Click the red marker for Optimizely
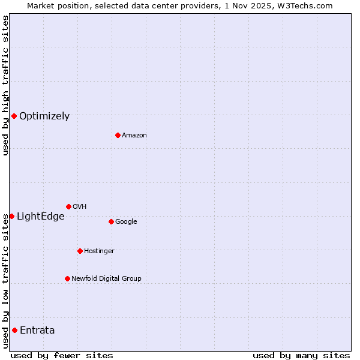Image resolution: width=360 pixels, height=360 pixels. click(x=14, y=116)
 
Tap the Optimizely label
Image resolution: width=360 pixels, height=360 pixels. click(x=44, y=116)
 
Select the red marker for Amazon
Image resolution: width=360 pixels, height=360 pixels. click(x=118, y=135)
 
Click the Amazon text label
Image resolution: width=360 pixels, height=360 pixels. click(x=134, y=136)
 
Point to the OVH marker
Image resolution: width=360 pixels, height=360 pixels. click(x=68, y=206)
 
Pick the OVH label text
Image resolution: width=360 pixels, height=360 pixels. click(x=80, y=207)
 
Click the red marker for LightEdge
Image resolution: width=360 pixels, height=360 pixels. click(x=11, y=216)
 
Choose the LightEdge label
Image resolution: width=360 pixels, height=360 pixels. click(x=40, y=217)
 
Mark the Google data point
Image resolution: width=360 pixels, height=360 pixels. click(x=111, y=221)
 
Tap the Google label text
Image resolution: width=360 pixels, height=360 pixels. click(x=126, y=222)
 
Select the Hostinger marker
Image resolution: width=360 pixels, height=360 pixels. click(x=80, y=251)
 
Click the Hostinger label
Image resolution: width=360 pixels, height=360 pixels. click(x=99, y=251)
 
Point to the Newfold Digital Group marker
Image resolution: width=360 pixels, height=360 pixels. click(x=67, y=278)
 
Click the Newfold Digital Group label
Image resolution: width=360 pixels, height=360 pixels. click(x=106, y=279)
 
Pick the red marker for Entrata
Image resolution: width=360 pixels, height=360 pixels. click(x=14, y=330)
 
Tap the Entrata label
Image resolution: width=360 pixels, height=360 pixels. click(x=37, y=331)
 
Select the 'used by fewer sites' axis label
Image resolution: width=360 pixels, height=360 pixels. click(x=62, y=355)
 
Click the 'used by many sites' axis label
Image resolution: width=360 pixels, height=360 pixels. click(x=301, y=355)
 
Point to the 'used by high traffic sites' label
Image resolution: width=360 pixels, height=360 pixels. click(x=5, y=85)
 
